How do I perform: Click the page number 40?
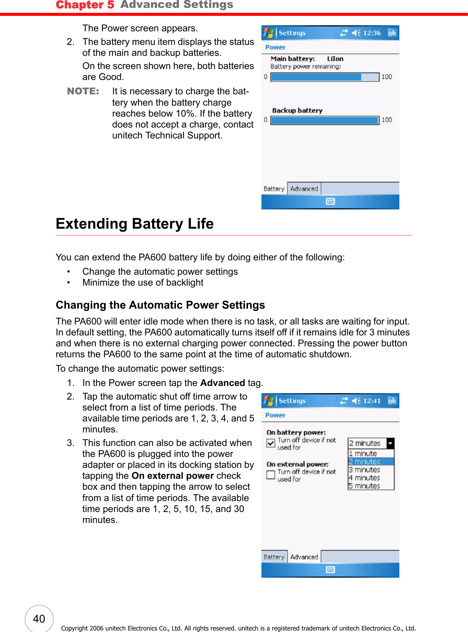(x=39, y=619)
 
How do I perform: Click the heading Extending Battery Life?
(x=135, y=224)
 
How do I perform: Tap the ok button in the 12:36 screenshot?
(x=392, y=33)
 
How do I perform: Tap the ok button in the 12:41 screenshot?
(x=392, y=401)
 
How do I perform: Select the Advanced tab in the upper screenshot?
(x=304, y=189)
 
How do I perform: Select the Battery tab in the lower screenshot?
(x=274, y=557)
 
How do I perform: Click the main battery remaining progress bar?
(x=325, y=77)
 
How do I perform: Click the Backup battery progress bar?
(x=325, y=120)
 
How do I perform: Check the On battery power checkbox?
(x=271, y=443)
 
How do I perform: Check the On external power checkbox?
(x=271, y=475)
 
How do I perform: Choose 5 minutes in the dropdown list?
(x=365, y=486)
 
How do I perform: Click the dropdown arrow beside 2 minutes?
(x=390, y=443)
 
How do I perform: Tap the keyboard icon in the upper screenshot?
(x=330, y=201)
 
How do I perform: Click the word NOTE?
(x=83, y=91)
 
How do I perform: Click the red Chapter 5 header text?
(x=85, y=5)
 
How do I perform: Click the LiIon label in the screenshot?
(x=335, y=59)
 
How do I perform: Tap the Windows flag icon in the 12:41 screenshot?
(x=269, y=401)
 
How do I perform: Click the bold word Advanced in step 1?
(x=223, y=383)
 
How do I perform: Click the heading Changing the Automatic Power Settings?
(x=160, y=305)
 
